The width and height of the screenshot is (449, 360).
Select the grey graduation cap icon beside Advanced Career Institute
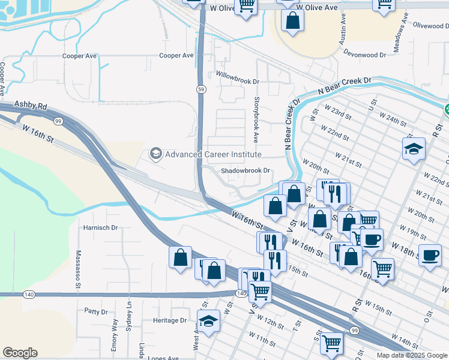(156, 154)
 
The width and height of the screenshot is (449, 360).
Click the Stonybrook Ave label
(256, 119)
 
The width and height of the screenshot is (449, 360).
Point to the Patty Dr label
(95, 312)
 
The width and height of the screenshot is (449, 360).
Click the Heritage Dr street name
(170, 320)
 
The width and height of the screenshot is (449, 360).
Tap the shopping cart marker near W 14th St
(331, 343)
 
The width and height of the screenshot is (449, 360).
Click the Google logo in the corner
(20, 353)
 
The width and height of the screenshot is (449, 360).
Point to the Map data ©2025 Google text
(411, 355)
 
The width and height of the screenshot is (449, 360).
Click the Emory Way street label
(115, 334)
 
